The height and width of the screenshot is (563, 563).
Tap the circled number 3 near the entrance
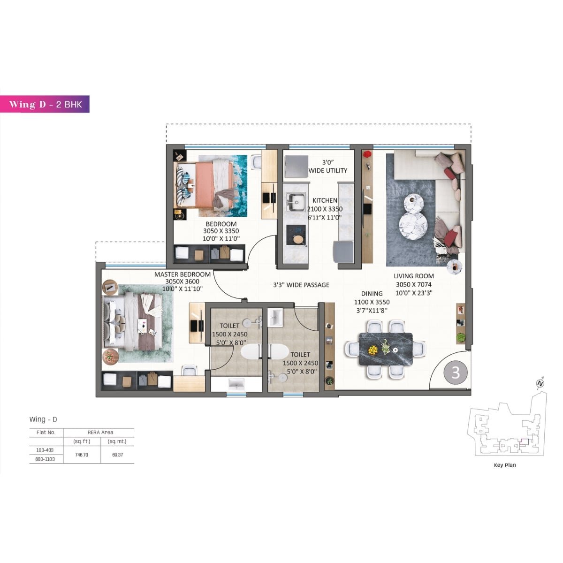click(x=455, y=373)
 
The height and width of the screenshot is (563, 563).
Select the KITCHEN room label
click(x=325, y=200)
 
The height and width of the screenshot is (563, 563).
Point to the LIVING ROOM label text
click(x=413, y=276)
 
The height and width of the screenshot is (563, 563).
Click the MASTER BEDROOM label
click(x=183, y=274)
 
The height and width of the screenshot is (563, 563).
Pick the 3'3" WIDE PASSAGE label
click(x=301, y=285)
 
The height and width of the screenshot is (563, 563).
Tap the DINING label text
click(x=372, y=294)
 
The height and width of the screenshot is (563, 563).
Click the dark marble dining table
click(x=385, y=349)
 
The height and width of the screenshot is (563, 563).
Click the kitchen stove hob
click(x=297, y=234)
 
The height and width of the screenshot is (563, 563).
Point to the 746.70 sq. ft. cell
click(x=82, y=455)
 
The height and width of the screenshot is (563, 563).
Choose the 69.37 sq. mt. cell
click(x=117, y=455)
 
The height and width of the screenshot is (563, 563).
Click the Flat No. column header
click(x=46, y=432)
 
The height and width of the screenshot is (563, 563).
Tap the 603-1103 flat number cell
click(x=46, y=459)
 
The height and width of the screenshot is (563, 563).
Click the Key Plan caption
click(x=504, y=465)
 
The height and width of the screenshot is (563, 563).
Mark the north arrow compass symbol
click(x=540, y=382)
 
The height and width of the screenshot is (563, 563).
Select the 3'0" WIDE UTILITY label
click(x=328, y=166)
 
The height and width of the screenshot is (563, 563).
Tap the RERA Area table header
click(x=100, y=432)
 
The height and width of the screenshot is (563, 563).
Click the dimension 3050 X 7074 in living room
click(x=413, y=284)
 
